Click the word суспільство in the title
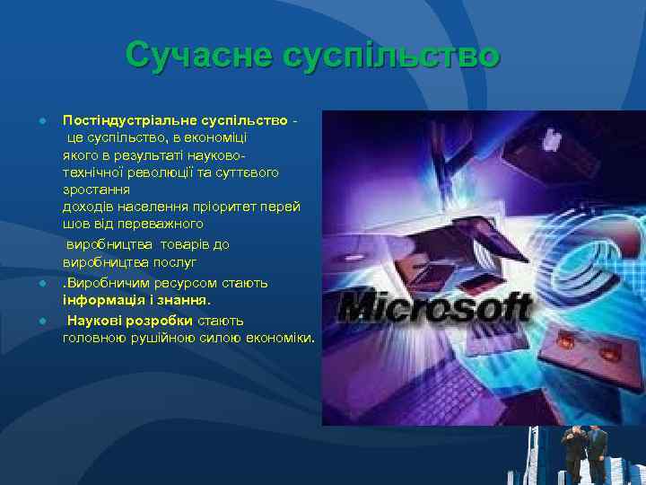(390, 55)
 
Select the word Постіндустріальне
(131, 120)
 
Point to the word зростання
(96, 190)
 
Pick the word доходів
(87, 206)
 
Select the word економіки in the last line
(279, 338)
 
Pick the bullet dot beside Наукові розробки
(42, 321)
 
